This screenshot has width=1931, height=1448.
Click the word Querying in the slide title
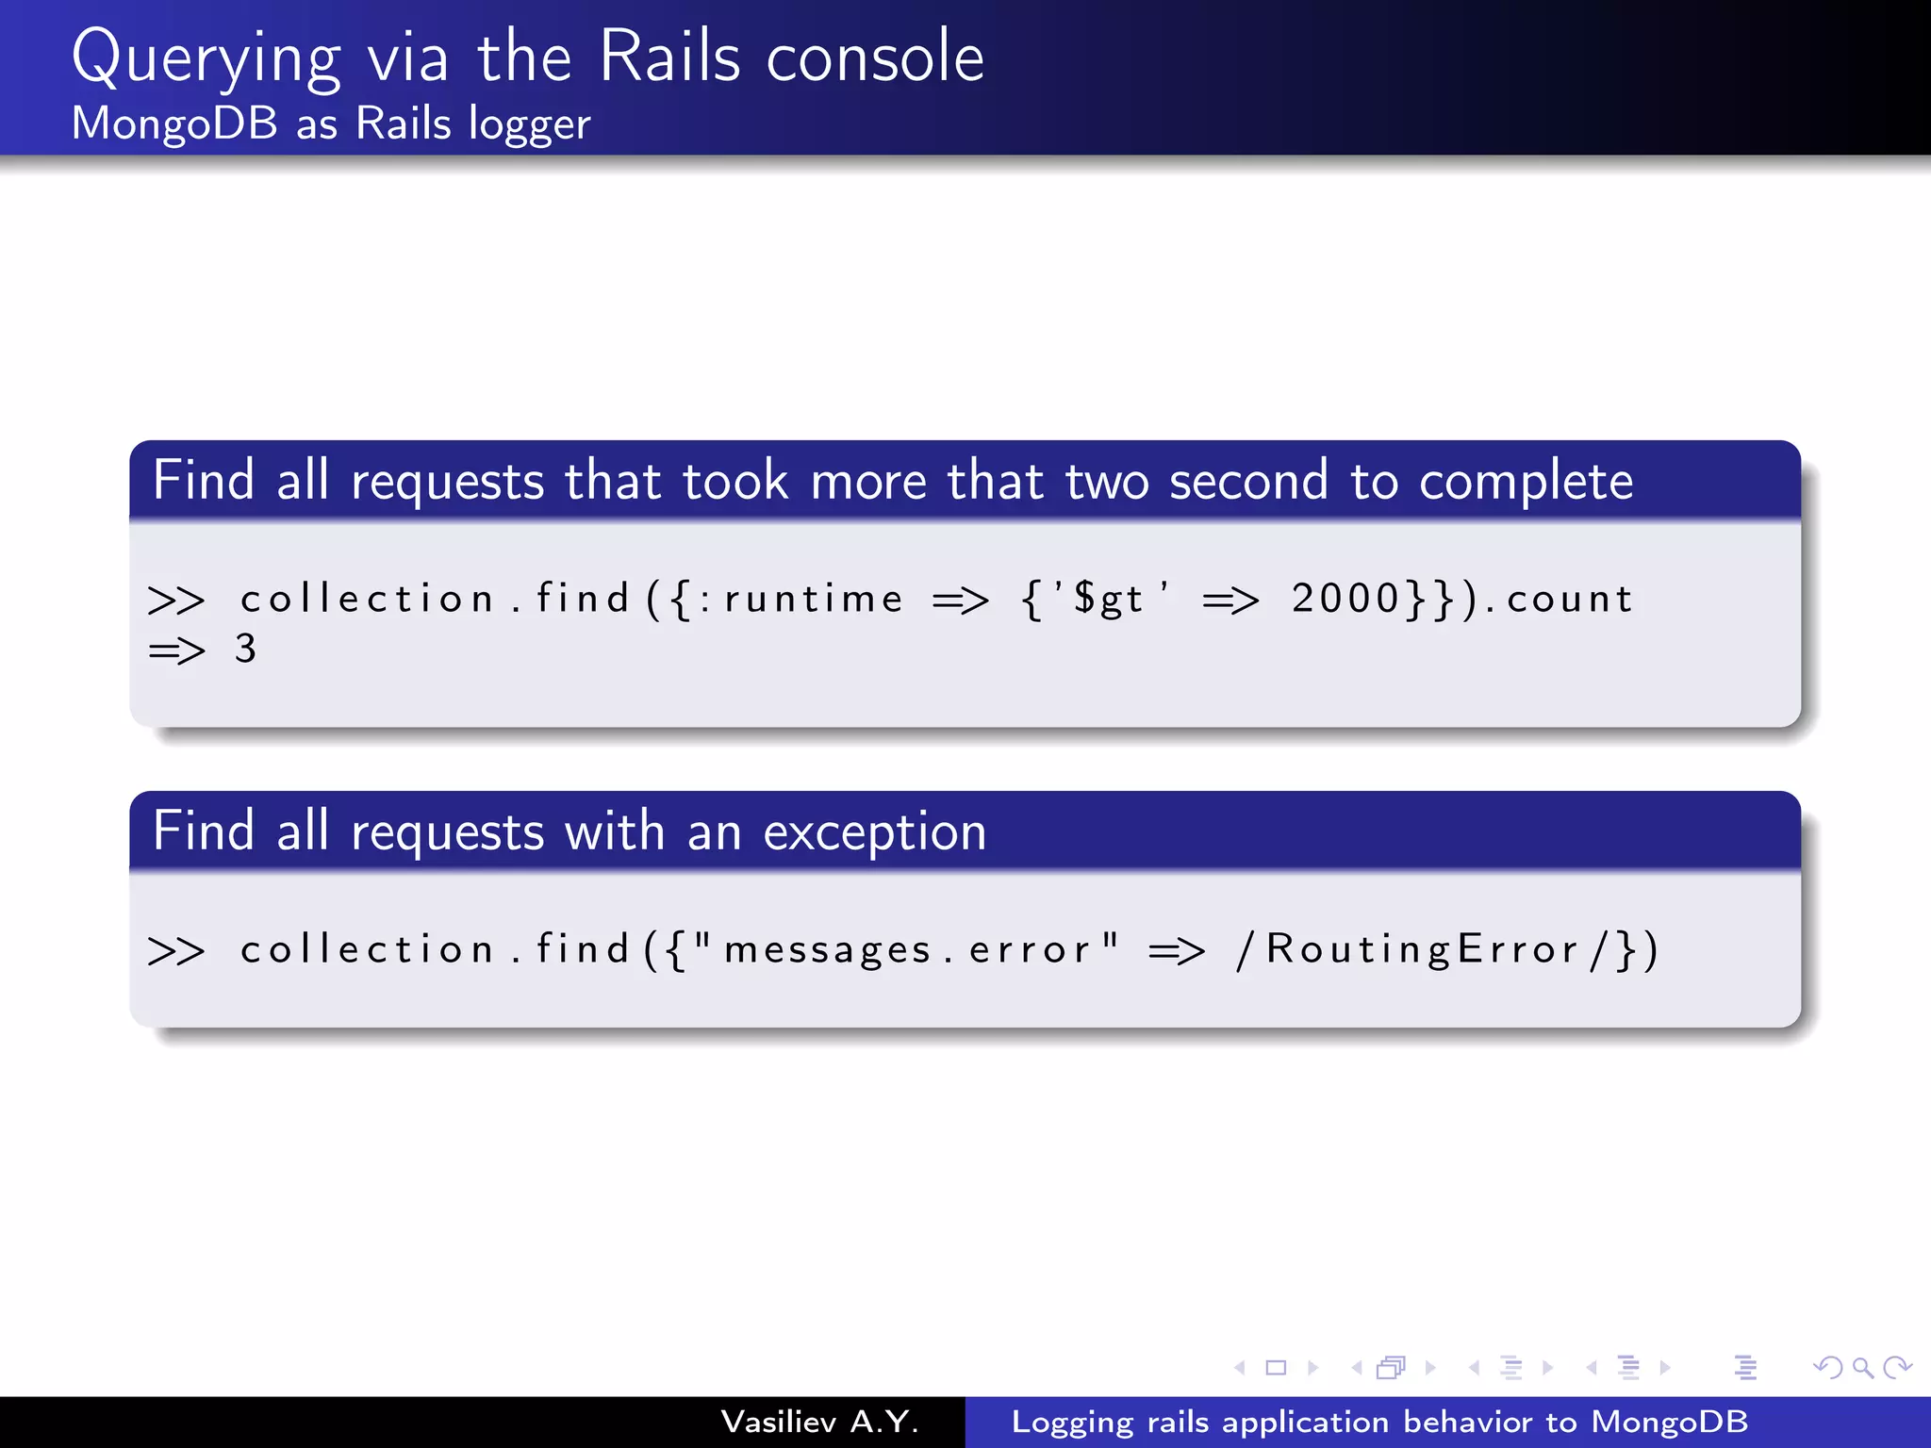point(206,58)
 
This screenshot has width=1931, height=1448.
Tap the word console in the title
point(875,58)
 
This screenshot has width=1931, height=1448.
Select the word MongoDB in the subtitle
point(175,123)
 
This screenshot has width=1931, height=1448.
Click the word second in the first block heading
point(1248,481)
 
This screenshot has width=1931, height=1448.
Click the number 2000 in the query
point(1346,599)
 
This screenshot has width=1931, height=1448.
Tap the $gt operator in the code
point(1109,600)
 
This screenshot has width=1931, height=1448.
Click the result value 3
point(245,649)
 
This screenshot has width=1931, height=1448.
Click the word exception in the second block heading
point(874,832)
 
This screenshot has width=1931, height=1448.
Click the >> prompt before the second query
point(176,950)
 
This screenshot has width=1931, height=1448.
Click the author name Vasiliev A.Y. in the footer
point(819,1422)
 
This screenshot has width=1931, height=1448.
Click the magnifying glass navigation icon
point(1862,1367)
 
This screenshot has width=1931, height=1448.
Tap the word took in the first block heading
point(735,481)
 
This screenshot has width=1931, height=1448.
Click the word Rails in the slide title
point(669,58)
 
